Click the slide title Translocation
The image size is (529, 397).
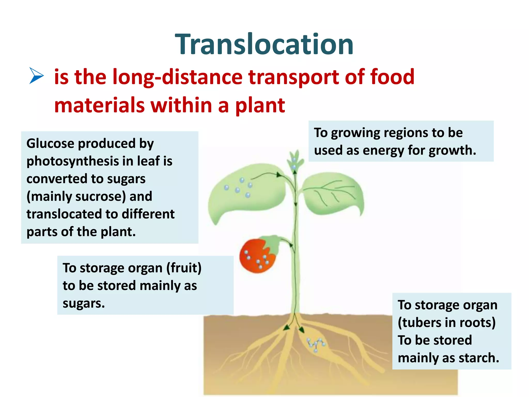(264, 44)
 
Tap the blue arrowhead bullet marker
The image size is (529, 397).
(36, 75)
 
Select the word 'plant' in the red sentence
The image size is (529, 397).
(260, 105)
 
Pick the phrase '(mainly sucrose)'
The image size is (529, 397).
(76, 196)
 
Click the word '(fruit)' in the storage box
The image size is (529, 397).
(184, 268)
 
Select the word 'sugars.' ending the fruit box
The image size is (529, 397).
(84, 303)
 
